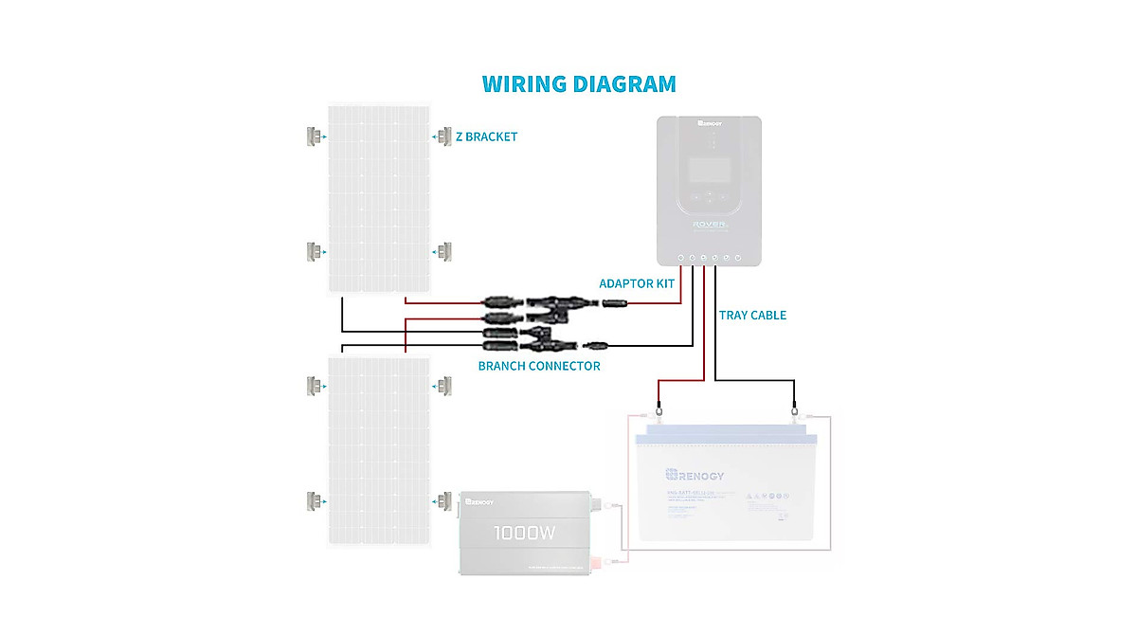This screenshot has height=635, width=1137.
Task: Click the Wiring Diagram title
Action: [x=579, y=83]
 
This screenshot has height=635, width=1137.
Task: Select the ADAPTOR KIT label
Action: [x=637, y=283]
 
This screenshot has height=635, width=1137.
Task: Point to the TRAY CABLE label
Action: [x=752, y=315]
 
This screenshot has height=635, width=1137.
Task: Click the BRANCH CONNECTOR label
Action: [x=538, y=366]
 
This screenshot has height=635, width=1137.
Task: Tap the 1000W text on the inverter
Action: [x=524, y=534]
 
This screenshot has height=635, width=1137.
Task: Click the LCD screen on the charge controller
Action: [x=709, y=170]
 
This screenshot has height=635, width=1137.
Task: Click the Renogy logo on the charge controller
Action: [x=710, y=122]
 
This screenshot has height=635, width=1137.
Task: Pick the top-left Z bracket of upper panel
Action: [x=313, y=136]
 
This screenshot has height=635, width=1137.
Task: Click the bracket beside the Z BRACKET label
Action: [x=444, y=136]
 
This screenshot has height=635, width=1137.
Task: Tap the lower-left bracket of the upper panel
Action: [x=313, y=252]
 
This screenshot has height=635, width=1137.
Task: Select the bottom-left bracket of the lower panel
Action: [x=313, y=500]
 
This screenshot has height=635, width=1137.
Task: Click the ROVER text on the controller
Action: [x=710, y=226]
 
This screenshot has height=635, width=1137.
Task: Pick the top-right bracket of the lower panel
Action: [x=444, y=385]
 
